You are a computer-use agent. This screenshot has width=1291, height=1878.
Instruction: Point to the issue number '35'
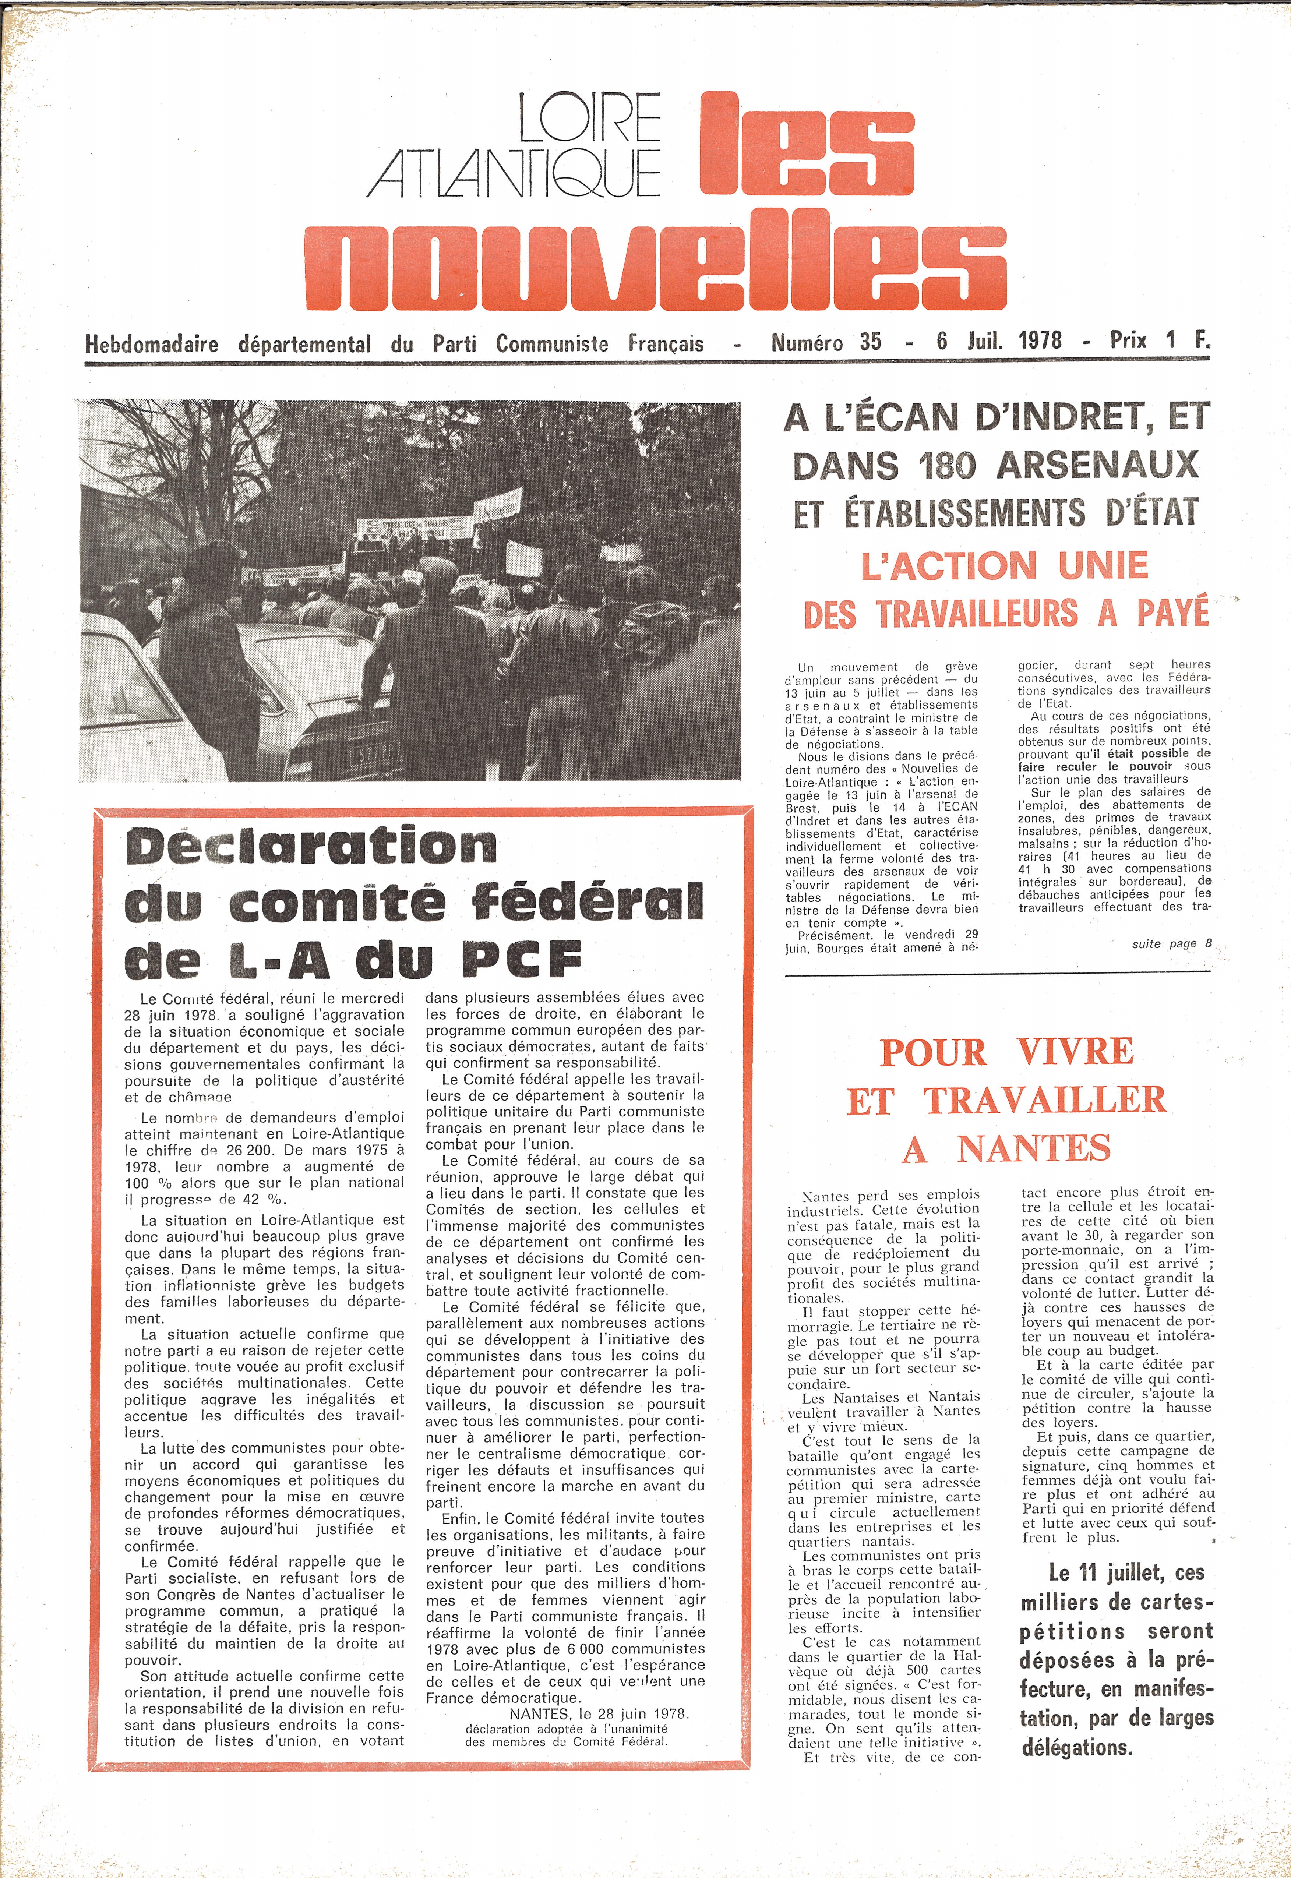[870, 341]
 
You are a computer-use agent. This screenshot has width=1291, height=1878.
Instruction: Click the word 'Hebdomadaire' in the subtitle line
[151, 344]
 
